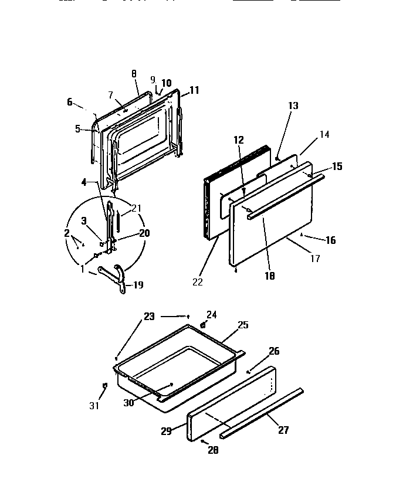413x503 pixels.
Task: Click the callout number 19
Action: coord(138,286)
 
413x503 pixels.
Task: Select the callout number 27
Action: coord(283,430)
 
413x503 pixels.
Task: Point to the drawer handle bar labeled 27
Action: coord(262,413)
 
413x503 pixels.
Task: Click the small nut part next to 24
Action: coord(203,324)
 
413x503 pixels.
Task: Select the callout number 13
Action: coord(293,106)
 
